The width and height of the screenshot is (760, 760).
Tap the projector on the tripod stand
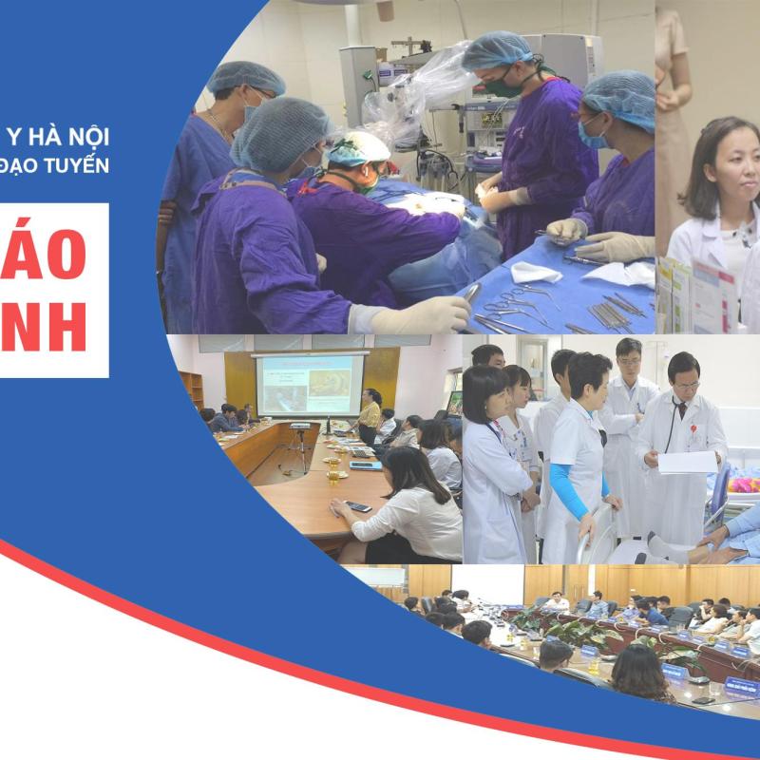point(300,427)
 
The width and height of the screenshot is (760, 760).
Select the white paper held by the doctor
point(687,463)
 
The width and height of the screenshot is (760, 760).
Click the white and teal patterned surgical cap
point(358,149)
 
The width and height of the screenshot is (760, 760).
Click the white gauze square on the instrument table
point(537,274)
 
